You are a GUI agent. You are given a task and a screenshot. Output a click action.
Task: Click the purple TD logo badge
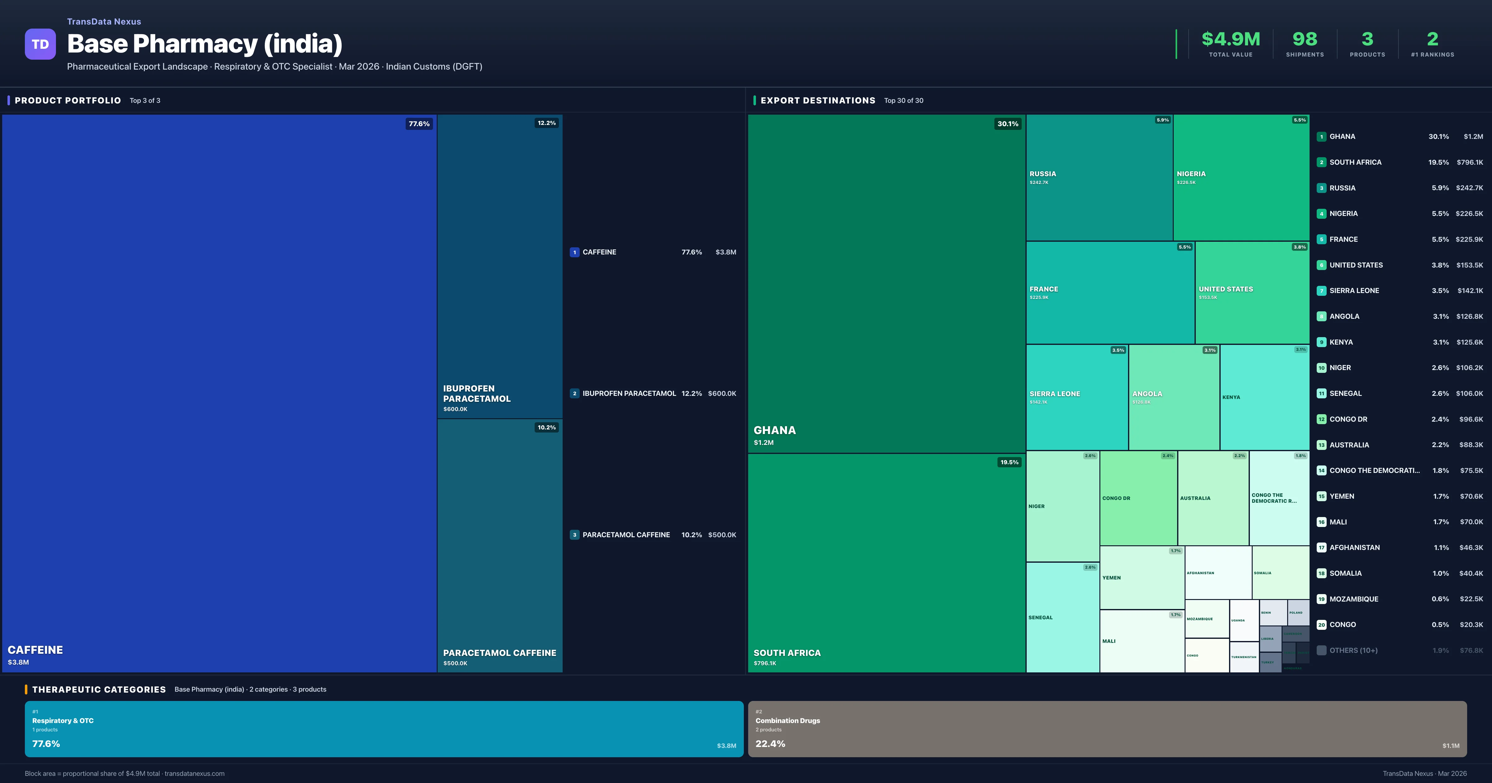(x=40, y=44)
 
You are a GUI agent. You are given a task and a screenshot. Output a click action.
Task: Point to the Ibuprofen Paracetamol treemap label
(x=477, y=394)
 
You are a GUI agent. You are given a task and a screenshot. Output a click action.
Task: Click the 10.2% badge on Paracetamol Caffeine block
(x=546, y=428)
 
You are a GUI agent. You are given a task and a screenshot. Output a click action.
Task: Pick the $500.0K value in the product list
(x=722, y=534)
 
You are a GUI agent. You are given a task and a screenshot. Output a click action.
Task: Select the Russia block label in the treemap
(x=1043, y=174)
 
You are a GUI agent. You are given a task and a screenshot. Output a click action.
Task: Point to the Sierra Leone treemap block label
(x=1054, y=394)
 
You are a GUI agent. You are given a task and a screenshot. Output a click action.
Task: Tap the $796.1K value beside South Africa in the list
(x=1469, y=162)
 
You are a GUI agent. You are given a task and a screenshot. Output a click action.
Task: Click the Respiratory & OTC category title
(x=62, y=721)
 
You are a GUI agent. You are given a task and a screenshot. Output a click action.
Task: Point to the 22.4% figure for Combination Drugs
(x=770, y=744)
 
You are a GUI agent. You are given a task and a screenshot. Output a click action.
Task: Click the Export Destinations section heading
(x=817, y=100)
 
